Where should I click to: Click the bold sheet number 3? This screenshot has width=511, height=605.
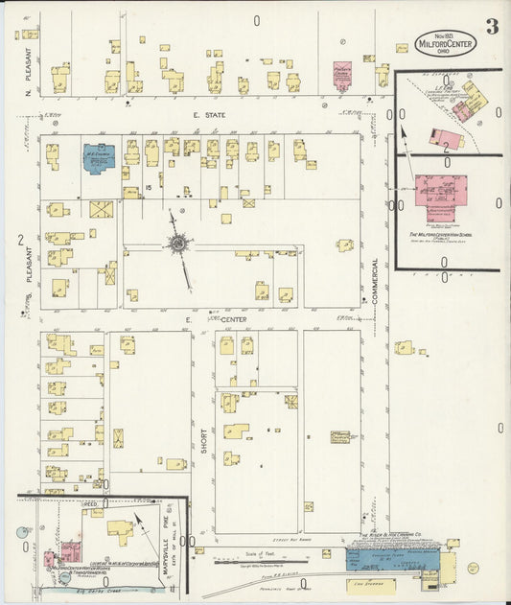[491, 26]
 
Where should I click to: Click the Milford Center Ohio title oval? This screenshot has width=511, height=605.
[444, 42]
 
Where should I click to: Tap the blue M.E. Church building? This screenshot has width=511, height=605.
[98, 156]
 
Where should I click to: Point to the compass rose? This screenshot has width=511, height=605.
[178, 244]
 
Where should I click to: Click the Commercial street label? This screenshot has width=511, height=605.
[376, 285]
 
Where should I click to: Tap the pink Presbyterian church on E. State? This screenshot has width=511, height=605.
[342, 77]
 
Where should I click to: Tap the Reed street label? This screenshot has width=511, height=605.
[90, 501]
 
